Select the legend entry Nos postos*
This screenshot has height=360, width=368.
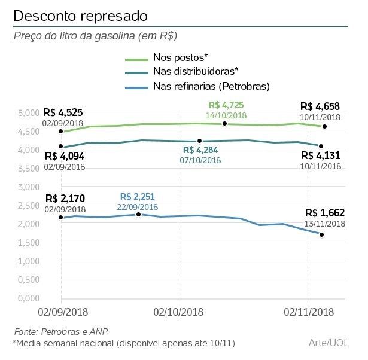(180, 58)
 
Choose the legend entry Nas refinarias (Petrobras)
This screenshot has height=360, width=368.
(211, 86)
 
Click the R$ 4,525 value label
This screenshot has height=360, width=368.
(63, 112)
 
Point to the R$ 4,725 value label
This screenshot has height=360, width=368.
(226, 105)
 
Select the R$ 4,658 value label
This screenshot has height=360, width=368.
(321, 108)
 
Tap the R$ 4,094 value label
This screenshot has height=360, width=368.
(64, 156)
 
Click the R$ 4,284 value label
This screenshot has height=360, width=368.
(200, 150)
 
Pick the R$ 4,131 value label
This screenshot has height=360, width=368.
(321, 155)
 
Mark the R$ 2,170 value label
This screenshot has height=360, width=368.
(64, 199)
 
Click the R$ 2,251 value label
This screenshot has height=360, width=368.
(139, 196)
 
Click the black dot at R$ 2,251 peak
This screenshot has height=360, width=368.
(138, 214)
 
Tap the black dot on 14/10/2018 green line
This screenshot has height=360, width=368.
(224, 123)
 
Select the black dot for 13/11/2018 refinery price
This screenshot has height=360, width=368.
(322, 234)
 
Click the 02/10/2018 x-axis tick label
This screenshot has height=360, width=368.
(178, 312)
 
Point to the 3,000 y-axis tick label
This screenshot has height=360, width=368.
(28, 187)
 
